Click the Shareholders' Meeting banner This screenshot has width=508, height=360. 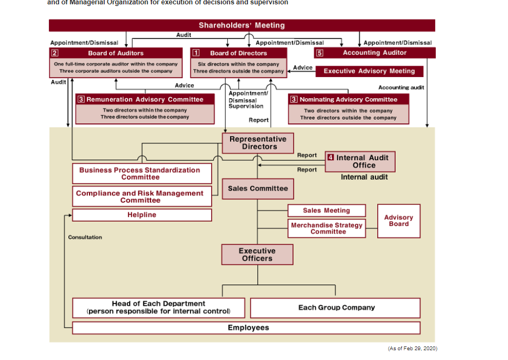[x=242, y=26]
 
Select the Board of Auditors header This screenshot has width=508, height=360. [x=116, y=53]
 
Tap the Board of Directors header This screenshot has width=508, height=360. [x=239, y=53]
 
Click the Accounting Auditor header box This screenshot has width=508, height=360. [x=374, y=53]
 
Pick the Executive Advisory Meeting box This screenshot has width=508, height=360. [x=369, y=71]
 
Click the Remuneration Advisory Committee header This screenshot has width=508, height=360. [x=145, y=99]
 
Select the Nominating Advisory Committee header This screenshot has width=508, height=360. [x=348, y=99]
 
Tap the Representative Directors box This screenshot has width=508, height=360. [x=258, y=143]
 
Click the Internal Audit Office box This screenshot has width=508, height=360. [x=360, y=162]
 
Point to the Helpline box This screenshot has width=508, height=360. [x=142, y=215]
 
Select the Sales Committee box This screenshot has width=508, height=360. [x=258, y=188]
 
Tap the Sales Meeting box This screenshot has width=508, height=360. [x=326, y=211]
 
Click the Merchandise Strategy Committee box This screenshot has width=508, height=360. [x=326, y=229]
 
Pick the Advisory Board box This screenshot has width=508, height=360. [x=398, y=221]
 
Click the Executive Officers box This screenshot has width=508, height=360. [x=257, y=255]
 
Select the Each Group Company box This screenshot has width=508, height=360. [x=335, y=308]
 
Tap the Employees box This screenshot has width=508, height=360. [x=246, y=328]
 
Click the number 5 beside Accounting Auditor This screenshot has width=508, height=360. [x=320, y=53]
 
